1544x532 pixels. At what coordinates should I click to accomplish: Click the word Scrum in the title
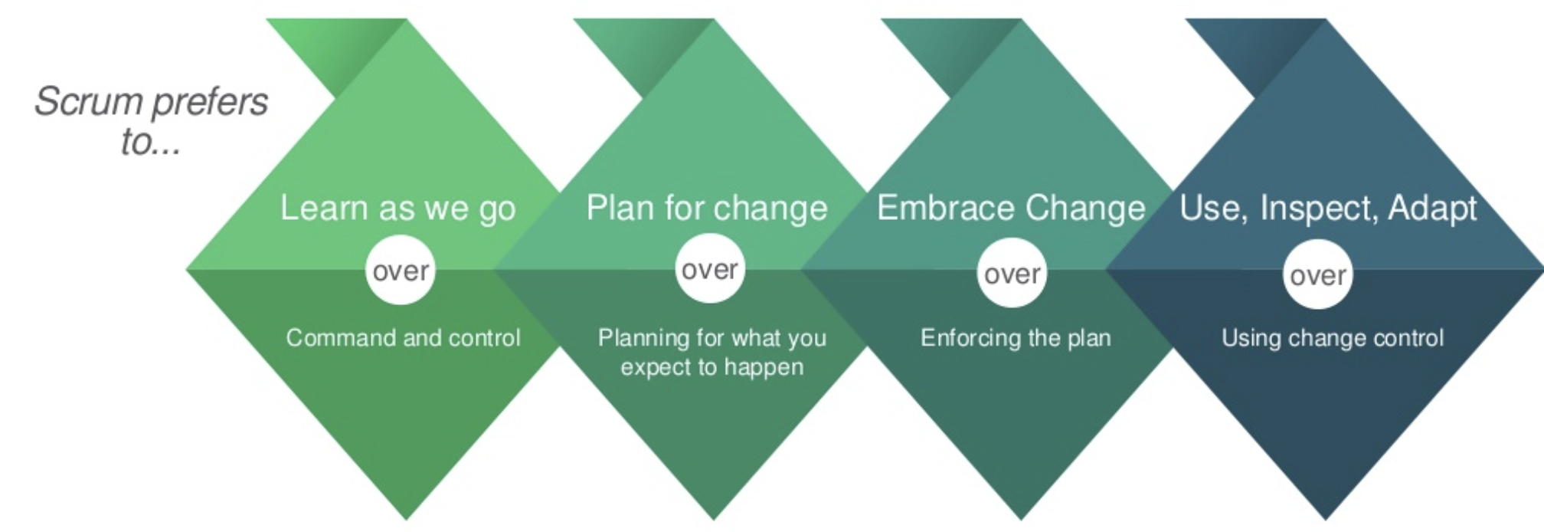point(89,102)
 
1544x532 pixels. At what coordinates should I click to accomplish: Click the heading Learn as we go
point(397,209)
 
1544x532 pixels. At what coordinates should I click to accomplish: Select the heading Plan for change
point(707,209)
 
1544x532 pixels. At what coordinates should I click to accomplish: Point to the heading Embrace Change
point(1011,209)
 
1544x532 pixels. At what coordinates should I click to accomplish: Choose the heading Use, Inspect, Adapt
point(1328,209)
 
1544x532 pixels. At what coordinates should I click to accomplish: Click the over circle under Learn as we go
point(401,271)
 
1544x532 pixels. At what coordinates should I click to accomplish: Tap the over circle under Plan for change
point(710,269)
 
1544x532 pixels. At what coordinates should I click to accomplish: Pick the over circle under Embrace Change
point(1012,274)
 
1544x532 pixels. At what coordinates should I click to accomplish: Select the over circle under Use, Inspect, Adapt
point(1317,275)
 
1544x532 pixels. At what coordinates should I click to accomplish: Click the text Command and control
point(403,338)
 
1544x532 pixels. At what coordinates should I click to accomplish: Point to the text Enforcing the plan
point(1016,338)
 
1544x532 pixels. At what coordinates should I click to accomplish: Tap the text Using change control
point(1333,338)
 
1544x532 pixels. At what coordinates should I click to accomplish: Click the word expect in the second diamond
point(655,368)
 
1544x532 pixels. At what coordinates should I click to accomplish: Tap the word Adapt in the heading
point(1432,209)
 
